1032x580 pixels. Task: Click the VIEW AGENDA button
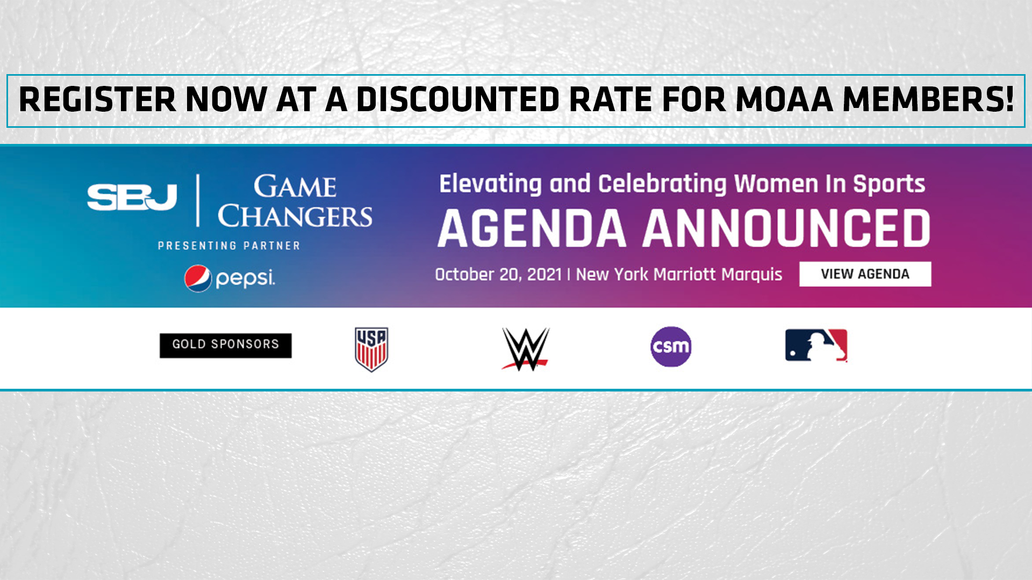(865, 274)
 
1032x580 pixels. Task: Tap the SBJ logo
(132, 197)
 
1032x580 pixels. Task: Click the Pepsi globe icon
(198, 278)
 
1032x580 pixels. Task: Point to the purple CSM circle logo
(671, 347)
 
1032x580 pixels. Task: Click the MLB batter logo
(816, 345)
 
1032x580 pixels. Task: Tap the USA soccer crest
(371, 349)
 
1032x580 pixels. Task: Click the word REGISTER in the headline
(97, 100)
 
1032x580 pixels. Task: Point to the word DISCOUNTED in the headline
(458, 100)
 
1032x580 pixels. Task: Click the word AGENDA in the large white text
(532, 229)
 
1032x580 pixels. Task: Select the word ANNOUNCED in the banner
(786, 229)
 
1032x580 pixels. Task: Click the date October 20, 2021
(498, 274)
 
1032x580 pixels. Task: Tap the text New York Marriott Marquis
(679, 274)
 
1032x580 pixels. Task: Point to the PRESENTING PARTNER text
(229, 246)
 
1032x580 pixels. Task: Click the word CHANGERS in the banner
(295, 216)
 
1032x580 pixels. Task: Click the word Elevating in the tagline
(490, 184)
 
